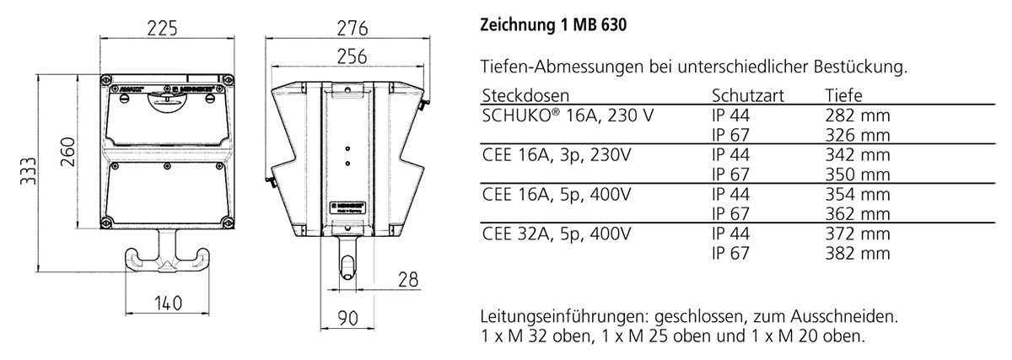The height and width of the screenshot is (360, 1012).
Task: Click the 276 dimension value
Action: (347, 28)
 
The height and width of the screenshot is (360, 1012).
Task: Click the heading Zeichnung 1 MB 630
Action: (553, 26)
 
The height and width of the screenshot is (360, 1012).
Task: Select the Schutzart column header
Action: (748, 96)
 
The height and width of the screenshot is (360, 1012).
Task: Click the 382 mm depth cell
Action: (858, 252)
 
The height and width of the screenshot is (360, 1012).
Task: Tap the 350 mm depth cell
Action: (858, 175)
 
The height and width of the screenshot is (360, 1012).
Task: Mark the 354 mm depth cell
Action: (858, 194)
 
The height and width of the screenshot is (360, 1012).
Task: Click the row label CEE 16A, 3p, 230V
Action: (557, 155)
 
